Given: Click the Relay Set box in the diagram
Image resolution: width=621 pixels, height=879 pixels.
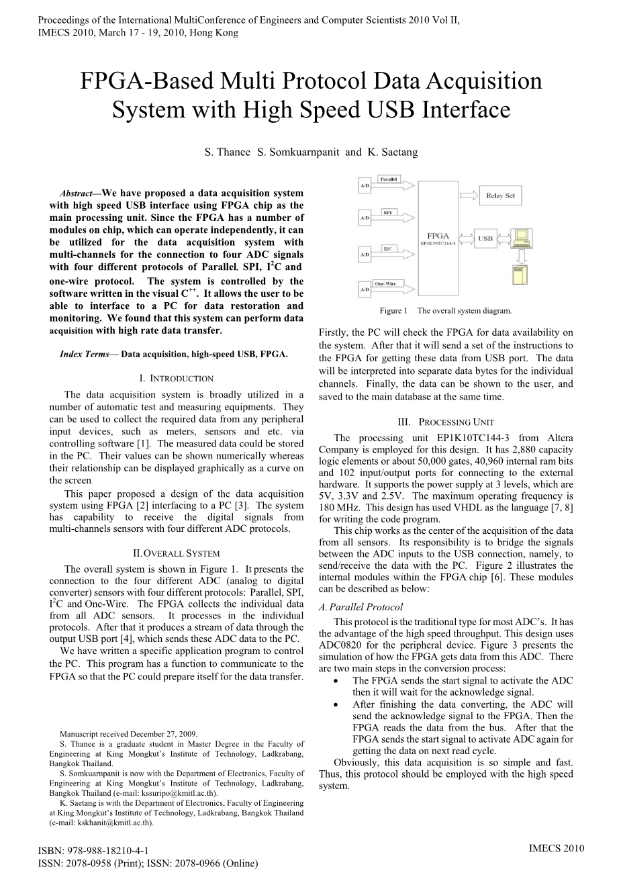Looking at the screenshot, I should (500, 195).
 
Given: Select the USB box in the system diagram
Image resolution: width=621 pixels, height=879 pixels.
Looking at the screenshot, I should (485, 238).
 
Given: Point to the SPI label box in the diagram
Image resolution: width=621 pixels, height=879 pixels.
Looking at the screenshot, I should (387, 212).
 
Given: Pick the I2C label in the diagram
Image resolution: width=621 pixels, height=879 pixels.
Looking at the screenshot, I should (387, 248).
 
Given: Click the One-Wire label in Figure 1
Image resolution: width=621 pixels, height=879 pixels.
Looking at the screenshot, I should (385, 283).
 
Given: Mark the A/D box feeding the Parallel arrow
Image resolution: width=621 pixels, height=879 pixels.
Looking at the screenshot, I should (365, 183).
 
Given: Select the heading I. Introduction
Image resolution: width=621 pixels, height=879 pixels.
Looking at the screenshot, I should (176, 379).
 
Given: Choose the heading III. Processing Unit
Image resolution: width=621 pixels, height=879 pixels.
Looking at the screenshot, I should (446, 422).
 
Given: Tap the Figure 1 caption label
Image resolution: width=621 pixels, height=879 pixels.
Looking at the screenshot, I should (393, 311).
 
